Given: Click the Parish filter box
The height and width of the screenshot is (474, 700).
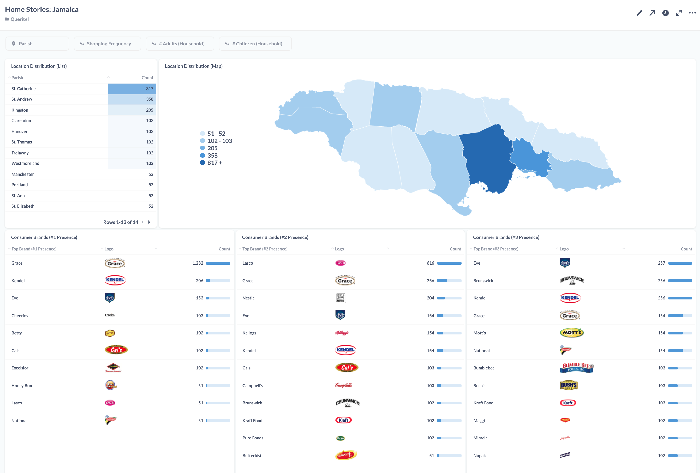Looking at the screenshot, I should pos(37,44).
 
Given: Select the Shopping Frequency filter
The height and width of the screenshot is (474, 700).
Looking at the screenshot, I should pos(107,44).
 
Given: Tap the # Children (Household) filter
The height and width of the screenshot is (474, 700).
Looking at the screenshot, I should pos(255,44).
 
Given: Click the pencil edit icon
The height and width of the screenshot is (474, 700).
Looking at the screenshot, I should pos(639,13).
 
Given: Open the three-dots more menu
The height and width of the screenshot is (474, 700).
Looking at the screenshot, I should pos(692,13).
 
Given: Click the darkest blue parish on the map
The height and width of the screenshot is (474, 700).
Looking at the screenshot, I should pos(488,160).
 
